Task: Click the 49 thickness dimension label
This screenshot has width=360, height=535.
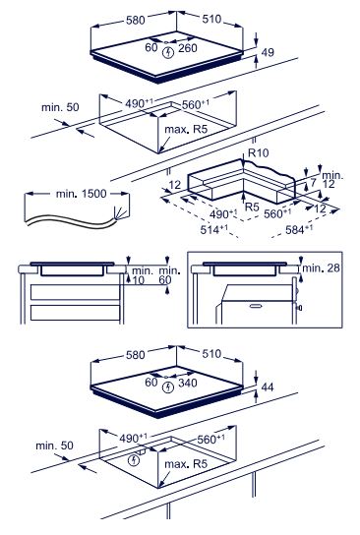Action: tap(268, 52)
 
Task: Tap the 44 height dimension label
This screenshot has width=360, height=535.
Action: tap(268, 386)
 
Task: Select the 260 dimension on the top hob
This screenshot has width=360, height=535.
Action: tap(188, 48)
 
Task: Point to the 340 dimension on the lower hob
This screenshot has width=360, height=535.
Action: tap(188, 383)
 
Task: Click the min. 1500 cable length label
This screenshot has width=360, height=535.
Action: tap(82, 194)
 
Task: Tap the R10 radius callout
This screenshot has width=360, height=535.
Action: tap(259, 152)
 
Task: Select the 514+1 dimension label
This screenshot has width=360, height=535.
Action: tap(213, 229)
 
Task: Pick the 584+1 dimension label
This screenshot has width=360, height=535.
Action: tap(299, 229)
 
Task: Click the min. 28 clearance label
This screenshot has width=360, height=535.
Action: tap(321, 268)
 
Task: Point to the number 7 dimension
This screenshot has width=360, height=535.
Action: tap(313, 183)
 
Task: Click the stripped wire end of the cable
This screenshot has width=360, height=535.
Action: tap(120, 214)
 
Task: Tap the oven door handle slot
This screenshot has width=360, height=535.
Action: tap(256, 306)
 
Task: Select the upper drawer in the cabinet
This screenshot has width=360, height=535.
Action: tap(75, 292)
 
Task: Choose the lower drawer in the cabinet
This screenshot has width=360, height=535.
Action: tap(75, 313)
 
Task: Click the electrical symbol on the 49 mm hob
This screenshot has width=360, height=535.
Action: tap(168, 52)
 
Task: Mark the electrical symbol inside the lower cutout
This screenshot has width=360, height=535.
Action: tap(134, 460)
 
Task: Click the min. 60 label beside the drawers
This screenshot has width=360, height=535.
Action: tap(169, 275)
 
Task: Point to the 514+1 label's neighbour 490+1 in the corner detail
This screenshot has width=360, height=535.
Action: tap(223, 214)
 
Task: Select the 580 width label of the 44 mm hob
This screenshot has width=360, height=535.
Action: tap(136, 355)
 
